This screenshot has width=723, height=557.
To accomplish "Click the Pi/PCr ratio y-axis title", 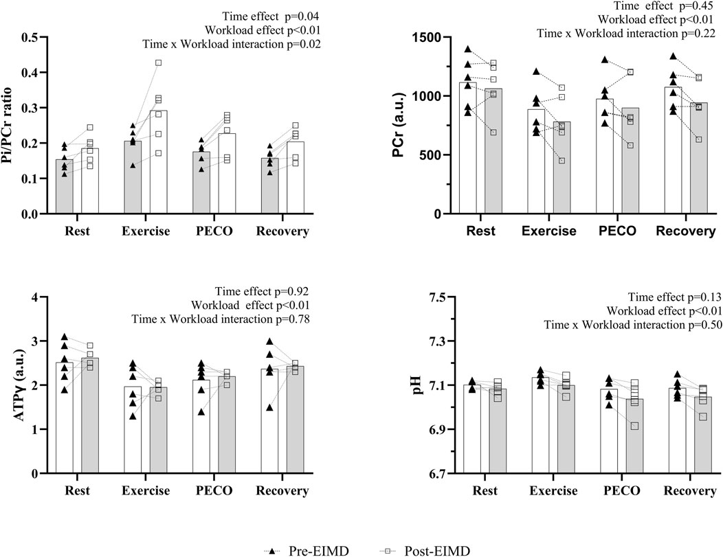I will pyautogui.click(x=10, y=124).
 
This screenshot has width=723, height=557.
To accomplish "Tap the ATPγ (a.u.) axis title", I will pyautogui.click(x=10, y=385).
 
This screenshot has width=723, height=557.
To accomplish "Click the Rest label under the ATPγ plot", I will pyautogui.click(x=80, y=492).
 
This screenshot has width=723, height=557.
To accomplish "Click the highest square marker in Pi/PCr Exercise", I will pyautogui.click(x=158, y=62).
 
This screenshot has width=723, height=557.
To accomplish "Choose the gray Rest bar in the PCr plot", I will pyautogui.click(x=493, y=151).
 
